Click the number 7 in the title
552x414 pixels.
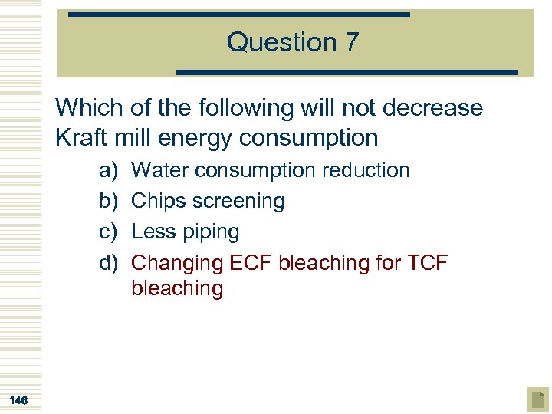[x=350, y=42]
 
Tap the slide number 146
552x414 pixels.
[x=18, y=400]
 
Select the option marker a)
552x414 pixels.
[x=107, y=170]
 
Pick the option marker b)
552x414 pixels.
[x=107, y=201]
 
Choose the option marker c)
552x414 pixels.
[x=107, y=232]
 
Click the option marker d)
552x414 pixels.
[x=107, y=263]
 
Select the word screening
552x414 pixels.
[x=239, y=202]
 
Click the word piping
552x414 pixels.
[x=211, y=232]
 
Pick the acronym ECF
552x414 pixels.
[x=251, y=263]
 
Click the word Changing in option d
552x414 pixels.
[x=177, y=264]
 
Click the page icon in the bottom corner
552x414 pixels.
[x=538, y=399]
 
